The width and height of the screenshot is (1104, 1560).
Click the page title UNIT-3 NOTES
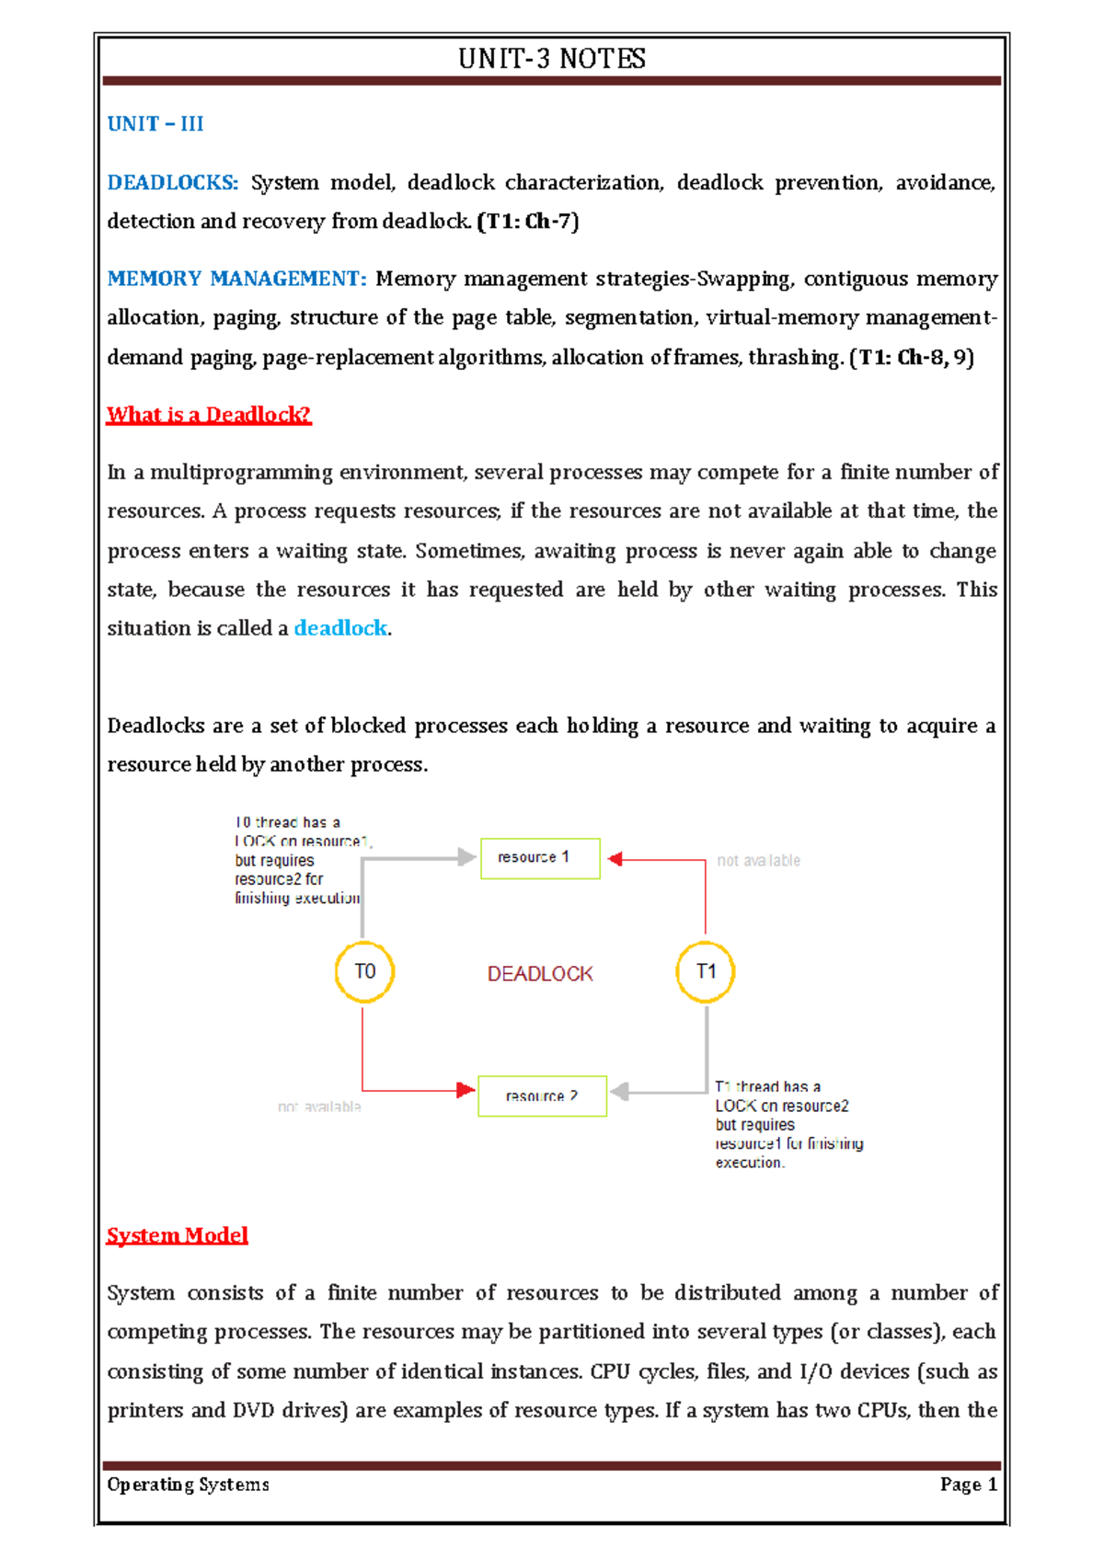(552, 59)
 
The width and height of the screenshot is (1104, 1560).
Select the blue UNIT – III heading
(155, 124)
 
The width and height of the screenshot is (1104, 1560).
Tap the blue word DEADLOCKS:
(173, 183)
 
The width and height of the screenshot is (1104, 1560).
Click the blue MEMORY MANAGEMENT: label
(236, 279)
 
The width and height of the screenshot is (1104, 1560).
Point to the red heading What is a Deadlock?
(209, 415)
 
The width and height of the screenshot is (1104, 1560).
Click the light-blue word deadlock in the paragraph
(340, 628)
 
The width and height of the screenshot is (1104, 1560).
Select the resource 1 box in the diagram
(540, 858)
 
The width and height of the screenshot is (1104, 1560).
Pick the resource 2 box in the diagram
(542, 1096)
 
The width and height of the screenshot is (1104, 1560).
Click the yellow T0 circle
(364, 971)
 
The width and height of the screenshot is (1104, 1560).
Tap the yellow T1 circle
(706, 971)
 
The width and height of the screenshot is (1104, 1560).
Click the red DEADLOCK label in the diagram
(540, 974)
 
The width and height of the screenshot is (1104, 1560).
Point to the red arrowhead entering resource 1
(615, 859)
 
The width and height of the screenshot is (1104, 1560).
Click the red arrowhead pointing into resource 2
(466, 1091)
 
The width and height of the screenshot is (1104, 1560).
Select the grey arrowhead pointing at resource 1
(466, 858)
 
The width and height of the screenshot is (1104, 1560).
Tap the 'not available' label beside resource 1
(758, 861)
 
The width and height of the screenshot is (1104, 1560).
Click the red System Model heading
(177, 1235)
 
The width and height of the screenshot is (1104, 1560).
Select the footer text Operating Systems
(188, 1485)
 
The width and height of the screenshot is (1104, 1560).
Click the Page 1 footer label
(968, 1485)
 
